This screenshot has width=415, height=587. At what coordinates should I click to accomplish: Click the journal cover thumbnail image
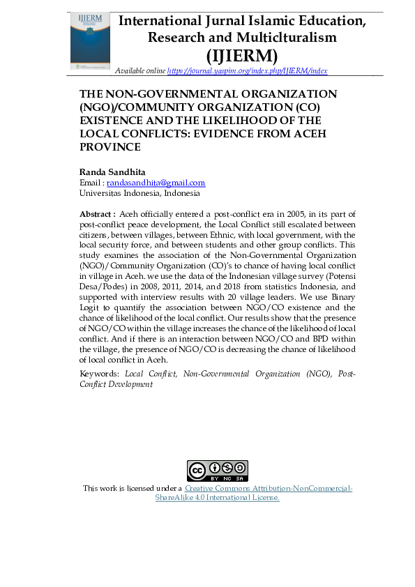[x=90, y=40]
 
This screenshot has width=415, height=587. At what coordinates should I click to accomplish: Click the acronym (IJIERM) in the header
[x=241, y=55]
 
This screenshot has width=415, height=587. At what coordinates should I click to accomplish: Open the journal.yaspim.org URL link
[x=248, y=71]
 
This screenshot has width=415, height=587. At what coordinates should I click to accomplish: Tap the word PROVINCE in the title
[x=110, y=147]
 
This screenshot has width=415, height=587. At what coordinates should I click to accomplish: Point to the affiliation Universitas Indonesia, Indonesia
[x=139, y=193]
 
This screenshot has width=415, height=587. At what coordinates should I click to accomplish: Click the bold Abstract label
[x=98, y=213]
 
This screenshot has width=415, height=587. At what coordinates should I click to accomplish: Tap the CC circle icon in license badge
[x=197, y=471]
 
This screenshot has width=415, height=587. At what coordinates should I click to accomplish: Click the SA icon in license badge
[x=239, y=468]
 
